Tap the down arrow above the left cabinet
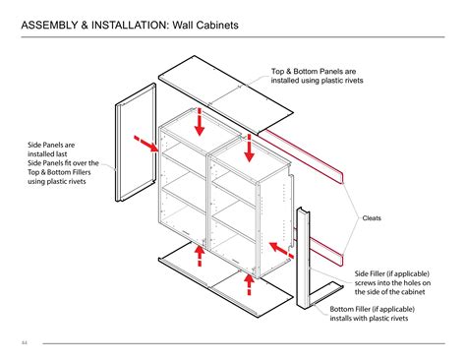point(200,122)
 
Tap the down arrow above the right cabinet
point(250,148)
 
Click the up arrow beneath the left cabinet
point(200,256)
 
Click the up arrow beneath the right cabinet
point(248,282)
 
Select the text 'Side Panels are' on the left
point(51,145)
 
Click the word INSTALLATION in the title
point(133,23)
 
